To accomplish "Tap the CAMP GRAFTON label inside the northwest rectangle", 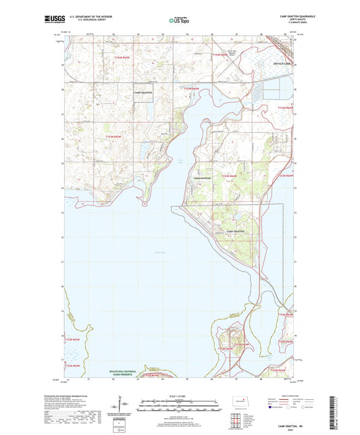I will click(143, 92).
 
